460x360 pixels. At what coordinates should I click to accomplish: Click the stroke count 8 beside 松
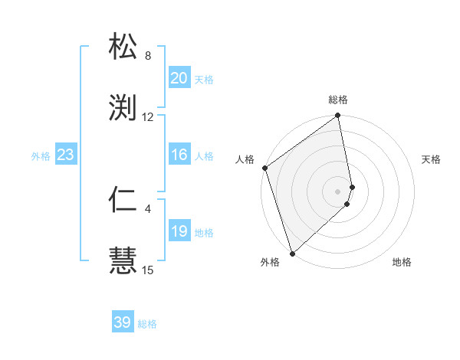coord(148,56)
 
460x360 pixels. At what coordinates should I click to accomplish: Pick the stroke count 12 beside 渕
coord(148,116)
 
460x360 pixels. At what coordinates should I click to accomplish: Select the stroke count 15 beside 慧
coord(148,270)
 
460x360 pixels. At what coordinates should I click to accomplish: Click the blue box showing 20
coord(179,78)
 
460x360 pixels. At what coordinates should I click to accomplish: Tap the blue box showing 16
coord(179,155)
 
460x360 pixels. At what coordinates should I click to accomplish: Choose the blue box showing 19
coord(179,231)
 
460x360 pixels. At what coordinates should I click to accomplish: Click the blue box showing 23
coord(65,155)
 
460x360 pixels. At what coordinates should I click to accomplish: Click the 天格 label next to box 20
coord(204,80)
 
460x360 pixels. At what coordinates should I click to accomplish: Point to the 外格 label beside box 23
coord(41,156)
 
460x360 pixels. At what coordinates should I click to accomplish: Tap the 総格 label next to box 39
coord(147,324)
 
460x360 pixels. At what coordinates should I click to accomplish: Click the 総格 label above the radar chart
coord(338,100)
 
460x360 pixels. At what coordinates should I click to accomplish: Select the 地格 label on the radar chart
coord(402,262)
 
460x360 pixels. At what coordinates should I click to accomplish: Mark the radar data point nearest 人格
coord(264,168)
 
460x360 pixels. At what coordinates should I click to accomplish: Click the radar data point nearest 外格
coord(291,253)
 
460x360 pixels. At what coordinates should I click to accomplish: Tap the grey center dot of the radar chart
coord(337,191)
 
